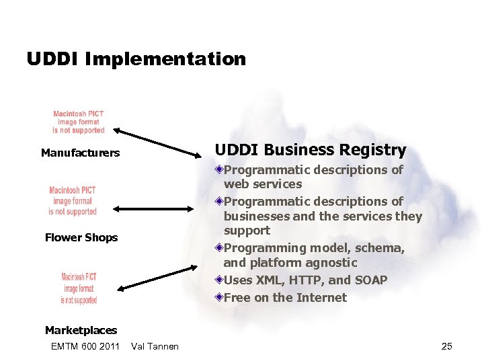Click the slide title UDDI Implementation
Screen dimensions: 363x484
pos(136,59)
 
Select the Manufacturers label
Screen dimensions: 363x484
pos(80,153)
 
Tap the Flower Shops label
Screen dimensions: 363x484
pos(81,237)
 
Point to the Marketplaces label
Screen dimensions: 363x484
pos(81,330)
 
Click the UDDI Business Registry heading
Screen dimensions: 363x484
pos(310,150)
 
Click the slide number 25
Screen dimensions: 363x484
pos(446,346)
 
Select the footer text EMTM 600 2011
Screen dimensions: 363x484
pos(85,346)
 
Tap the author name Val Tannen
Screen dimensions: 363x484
pos(155,346)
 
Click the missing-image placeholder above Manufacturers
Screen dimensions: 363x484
pos(79,122)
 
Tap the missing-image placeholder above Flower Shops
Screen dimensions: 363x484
pos(73,200)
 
